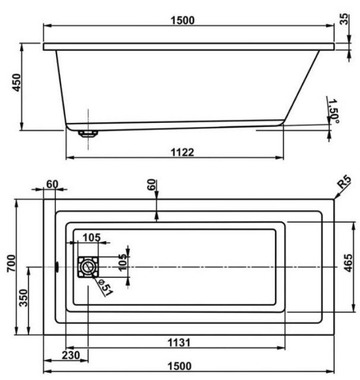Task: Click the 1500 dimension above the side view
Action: coord(182,20)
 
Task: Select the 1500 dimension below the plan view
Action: coord(179,366)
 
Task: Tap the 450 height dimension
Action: coord(17,83)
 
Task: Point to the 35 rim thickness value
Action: coord(344,19)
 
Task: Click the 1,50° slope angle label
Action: coord(333,111)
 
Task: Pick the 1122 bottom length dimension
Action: coord(182,153)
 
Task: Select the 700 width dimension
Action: coord(11,263)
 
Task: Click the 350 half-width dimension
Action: coord(24,298)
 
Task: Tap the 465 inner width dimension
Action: coord(348,263)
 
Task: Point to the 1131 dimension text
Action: coord(179,343)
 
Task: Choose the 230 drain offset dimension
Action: coord(71,355)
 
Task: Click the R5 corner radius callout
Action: coord(344,182)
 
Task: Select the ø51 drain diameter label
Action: coord(105,287)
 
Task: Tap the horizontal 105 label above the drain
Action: coord(91,237)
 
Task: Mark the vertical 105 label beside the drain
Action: coord(123,262)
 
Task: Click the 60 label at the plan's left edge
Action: coord(52,185)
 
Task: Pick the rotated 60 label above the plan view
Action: coord(151,185)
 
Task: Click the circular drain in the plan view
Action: coord(88,267)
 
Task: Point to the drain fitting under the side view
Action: coord(88,134)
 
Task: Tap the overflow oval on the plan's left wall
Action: coord(57,267)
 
